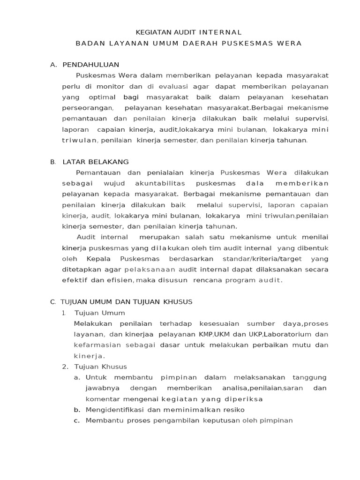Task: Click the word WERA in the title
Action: pyautogui.click(x=289, y=44)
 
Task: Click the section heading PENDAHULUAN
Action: pyautogui.click(x=91, y=65)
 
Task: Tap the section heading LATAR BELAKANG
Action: pyautogui.click(x=96, y=162)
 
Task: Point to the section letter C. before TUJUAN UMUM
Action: pyautogui.click(x=53, y=302)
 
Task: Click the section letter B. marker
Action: pyautogui.click(x=53, y=162)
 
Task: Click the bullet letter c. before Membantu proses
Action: pyautogui.click(x=77, y=420)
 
